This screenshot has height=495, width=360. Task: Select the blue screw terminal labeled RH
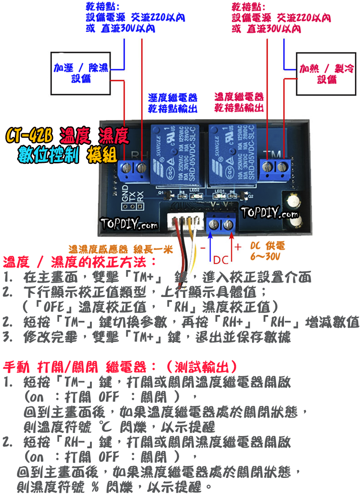tap(133, 169)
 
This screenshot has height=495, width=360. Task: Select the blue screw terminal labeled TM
tap(276, 166)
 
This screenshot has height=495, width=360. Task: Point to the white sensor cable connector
tap(184, 222)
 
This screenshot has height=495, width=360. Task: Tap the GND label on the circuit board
tap(126, 193)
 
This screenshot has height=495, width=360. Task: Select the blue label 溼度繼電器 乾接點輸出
tap(173, 103)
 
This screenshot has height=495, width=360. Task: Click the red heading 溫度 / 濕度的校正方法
tap(80, 261)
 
